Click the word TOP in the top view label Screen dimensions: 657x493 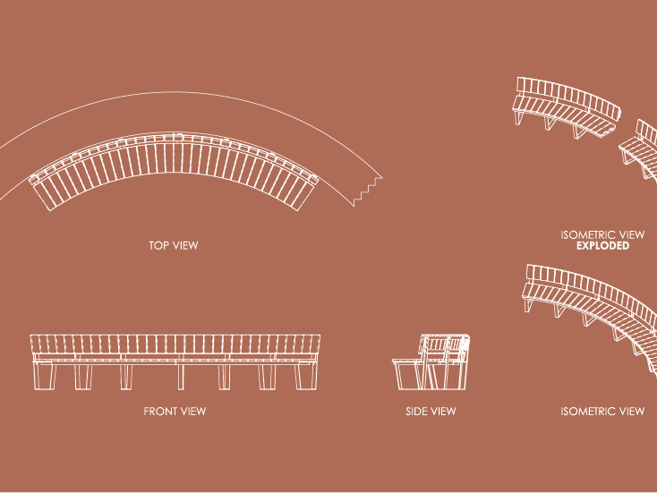[159, 244]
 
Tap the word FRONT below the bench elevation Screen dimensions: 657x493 [160, 412]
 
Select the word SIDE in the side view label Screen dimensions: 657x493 [416, 412]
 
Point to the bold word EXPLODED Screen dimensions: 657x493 [602, 245]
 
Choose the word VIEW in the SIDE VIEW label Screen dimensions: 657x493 [443, 412]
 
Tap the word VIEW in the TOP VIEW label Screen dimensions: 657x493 [185, 244]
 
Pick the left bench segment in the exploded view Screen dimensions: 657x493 [566, 107]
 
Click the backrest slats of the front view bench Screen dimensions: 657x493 [175, 344]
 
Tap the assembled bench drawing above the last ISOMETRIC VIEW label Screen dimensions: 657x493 [591, 304]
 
